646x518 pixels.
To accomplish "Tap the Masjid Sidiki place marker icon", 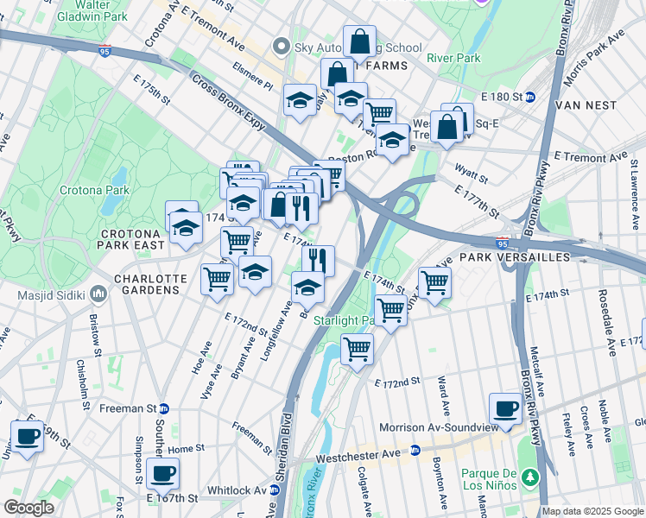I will point(98,295).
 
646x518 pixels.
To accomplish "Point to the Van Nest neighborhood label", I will point(587,105).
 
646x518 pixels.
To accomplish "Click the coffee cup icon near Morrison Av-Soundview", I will point(505,408).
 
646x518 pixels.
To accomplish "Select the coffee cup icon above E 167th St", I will point(162,472).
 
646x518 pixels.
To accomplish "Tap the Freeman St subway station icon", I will point(163,407).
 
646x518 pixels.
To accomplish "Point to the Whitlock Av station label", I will point(237,490).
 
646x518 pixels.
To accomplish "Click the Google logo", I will point(29,508).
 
